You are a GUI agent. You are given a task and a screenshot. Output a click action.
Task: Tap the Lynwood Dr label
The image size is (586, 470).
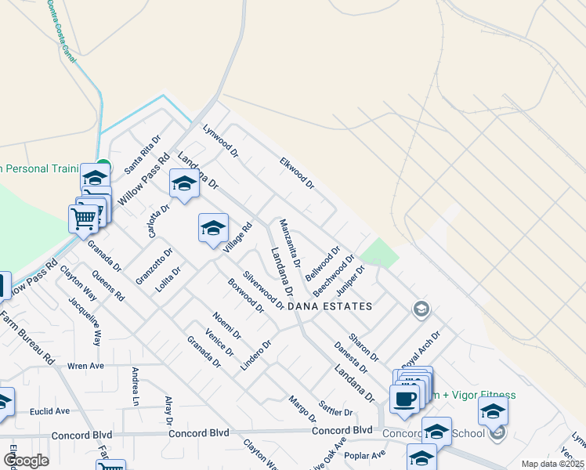tap(219, 139)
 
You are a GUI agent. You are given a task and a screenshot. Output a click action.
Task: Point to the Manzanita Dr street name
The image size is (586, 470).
tap(291, 242)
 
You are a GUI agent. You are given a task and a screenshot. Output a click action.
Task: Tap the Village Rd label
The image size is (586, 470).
tap(237, 239)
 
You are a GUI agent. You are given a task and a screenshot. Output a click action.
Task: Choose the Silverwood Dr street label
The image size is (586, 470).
tap(263, 291)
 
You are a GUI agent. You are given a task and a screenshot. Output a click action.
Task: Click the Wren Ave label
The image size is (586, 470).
tap(86, 365)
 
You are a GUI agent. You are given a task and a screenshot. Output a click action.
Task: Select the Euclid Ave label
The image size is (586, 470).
tap(50, 410)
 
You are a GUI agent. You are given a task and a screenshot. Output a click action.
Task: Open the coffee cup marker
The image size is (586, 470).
tap(404, 399)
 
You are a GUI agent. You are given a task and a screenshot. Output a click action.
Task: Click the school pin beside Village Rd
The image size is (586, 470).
tap(213, 229)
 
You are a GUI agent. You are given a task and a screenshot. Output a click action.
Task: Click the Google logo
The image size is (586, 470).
tap(26, 461)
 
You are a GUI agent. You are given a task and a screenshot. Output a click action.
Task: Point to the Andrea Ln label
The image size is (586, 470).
tap(136, 387)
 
